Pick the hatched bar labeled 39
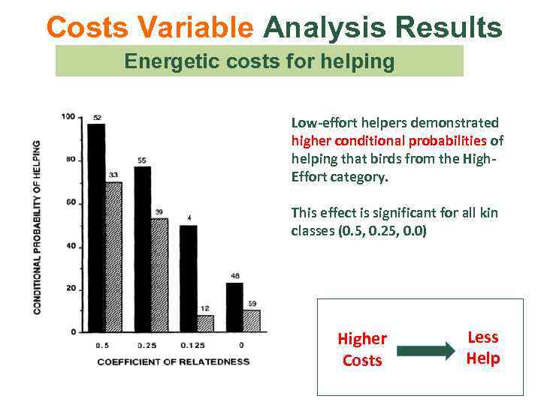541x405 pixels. [159, 274]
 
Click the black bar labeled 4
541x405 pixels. [188, 278]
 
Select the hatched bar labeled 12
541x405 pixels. [205, 323]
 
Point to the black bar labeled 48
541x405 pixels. [234, 307]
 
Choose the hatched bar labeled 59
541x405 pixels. [251, 320]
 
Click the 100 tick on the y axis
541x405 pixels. [68, 116]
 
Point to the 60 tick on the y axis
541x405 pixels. [70, 202]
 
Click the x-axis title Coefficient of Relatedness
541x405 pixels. [173, 361]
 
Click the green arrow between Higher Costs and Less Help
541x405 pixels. [426, 349]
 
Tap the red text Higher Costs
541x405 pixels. [362, 349]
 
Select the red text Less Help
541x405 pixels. [482, 348]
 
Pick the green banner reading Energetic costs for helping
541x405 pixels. [259, 61]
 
